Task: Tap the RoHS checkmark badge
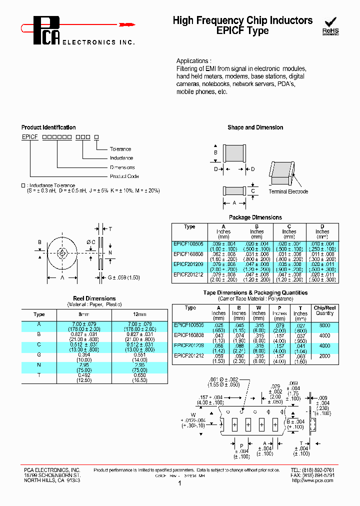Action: pyautogui.click(x=330, y=26)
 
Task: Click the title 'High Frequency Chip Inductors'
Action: pyautogui.click(x=242, y=20)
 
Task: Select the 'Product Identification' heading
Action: pyautogui.click(x=48, y=127)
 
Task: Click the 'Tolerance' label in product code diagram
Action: pyautogui.click(x=120, y=149)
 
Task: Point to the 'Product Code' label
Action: pyautogui.click(x=124, y=176)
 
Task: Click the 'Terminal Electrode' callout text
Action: pyautogui.click(x=288, y=191)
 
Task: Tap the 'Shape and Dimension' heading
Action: pyautogui.click(x=255, y=127)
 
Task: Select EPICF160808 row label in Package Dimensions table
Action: pyautogui.click(x=188, y=254)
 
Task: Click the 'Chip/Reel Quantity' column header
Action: pyautogui.click(x=324, y=310)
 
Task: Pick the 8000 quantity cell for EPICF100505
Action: pyautogui.click(x=324, y=325)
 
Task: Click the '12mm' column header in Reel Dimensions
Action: pyautogui.click(x=139, y=314)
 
